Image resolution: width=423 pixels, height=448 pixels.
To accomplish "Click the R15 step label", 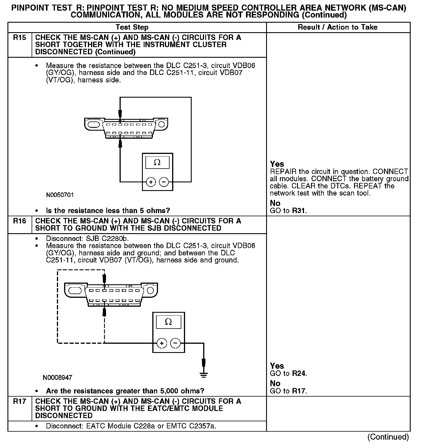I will click(x=19, y=38).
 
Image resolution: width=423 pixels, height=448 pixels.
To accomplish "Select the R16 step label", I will click(x=19, y=221).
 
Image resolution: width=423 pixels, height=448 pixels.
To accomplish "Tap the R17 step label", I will click(x=19, y=401).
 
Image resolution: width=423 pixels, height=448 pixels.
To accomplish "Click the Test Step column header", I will click(x=132, y=27).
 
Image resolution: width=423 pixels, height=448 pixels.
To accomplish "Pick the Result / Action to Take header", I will click(x=338, y=27).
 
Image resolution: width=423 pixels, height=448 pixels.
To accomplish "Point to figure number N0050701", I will click(x=60, y=195).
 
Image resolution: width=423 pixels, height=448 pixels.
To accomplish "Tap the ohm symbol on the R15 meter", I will click(x=157, y=163).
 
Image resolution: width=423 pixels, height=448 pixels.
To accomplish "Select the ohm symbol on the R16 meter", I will click(x=168, y=322).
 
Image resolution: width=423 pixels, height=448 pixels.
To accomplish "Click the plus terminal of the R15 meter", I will click(x=151, y=182).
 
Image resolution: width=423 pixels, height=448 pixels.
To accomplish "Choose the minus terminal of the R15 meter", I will click(x=164, y=182).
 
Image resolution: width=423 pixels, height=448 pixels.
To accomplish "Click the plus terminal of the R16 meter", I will click(x=162, y=343).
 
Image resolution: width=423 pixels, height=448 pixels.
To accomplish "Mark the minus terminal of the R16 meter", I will click(x=175, y=343).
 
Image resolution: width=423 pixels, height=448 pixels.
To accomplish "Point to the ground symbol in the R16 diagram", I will click(x=203, y=374).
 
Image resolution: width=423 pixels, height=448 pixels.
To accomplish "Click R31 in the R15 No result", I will click(x=299, y=211).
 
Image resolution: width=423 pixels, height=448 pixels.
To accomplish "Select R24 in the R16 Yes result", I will click(x=299, y=373).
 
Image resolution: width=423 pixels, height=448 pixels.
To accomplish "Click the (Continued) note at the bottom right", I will click(x=388, y=437).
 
